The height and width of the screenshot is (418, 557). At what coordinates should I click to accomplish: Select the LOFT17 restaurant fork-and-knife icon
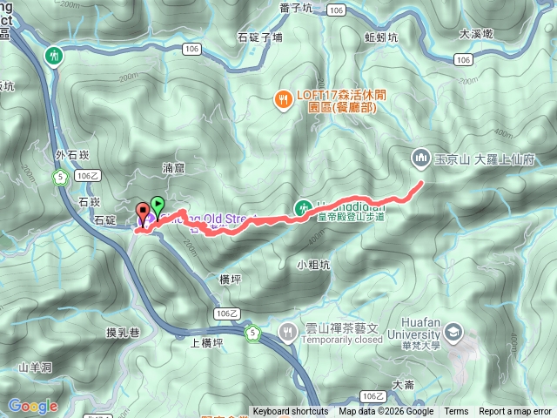[x=283, y=99]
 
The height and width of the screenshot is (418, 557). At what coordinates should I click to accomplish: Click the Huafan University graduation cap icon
[x=458, y=335]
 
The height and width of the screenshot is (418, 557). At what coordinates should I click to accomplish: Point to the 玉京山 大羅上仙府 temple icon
[x=419, y=158]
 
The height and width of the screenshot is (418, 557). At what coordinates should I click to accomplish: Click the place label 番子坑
[x=296, y=8]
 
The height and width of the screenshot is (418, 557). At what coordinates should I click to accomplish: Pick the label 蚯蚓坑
[x=381, y=37]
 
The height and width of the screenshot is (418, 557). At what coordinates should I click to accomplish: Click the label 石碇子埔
[x=259, y=37]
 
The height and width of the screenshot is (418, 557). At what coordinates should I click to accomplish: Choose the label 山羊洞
[x=35, y=368]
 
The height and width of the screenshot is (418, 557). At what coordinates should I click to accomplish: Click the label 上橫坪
[x=206, y=342]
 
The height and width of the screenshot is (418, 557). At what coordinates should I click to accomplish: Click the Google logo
[x=32, y=406]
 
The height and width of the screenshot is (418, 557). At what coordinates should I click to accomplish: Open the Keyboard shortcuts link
[x=291, y=412]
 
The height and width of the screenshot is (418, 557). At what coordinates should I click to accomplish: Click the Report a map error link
[x=515, y=412]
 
